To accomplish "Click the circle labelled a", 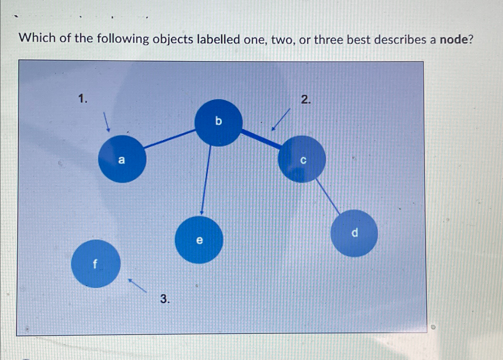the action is click(x=122, y=159).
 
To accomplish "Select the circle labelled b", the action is click(x=218, y=123).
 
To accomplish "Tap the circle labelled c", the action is click(x=302, y=159).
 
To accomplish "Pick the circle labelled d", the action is click(x=354, y=233).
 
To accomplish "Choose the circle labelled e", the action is click(x=199, y=239).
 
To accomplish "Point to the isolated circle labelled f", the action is click(x=96, y=264).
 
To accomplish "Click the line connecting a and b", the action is click(x=169, y=139).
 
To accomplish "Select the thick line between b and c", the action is click(x=261, y=139).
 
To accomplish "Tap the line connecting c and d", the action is click(x=328, y=196).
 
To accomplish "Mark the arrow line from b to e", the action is click(x=206, y=180).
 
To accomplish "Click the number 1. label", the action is click(x=83, y=99).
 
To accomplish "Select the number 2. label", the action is click(x=306, y=99).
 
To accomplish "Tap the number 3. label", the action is click(x=165, y=299).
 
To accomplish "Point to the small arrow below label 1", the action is click(x=106, y=122).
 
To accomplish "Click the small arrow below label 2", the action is click(x=281, y=119).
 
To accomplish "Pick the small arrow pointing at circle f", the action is click(x=137, y=286).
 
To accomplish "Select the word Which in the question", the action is click(x=37, y=38).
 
